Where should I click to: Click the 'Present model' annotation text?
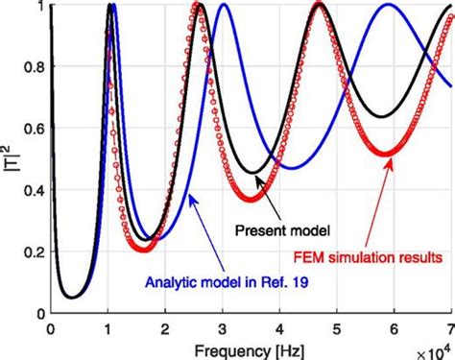[x=282, y=231]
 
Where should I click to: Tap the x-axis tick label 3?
[x=221, y=326]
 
